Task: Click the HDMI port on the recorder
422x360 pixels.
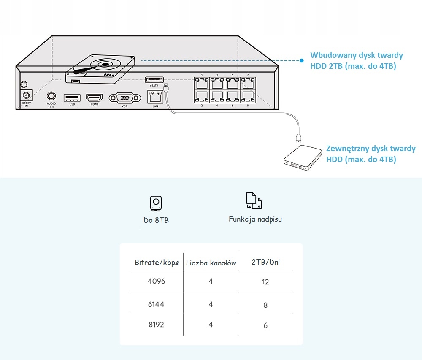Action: click(95, 98)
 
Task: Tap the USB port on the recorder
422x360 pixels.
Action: click(72, 98)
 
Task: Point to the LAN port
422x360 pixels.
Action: click(155, 97)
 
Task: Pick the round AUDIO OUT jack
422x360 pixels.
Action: click(51, 97)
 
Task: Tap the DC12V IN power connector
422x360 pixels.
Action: click(26, 96)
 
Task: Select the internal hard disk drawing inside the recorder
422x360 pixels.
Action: click(100, 67)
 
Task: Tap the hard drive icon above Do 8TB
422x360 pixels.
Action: click(156, 203)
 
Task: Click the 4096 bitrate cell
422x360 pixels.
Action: click(156, 281)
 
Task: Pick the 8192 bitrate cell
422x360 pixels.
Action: click(156, 325)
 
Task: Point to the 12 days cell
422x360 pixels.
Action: click(265, 282)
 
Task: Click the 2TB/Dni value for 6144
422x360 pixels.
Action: click(265, 305)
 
